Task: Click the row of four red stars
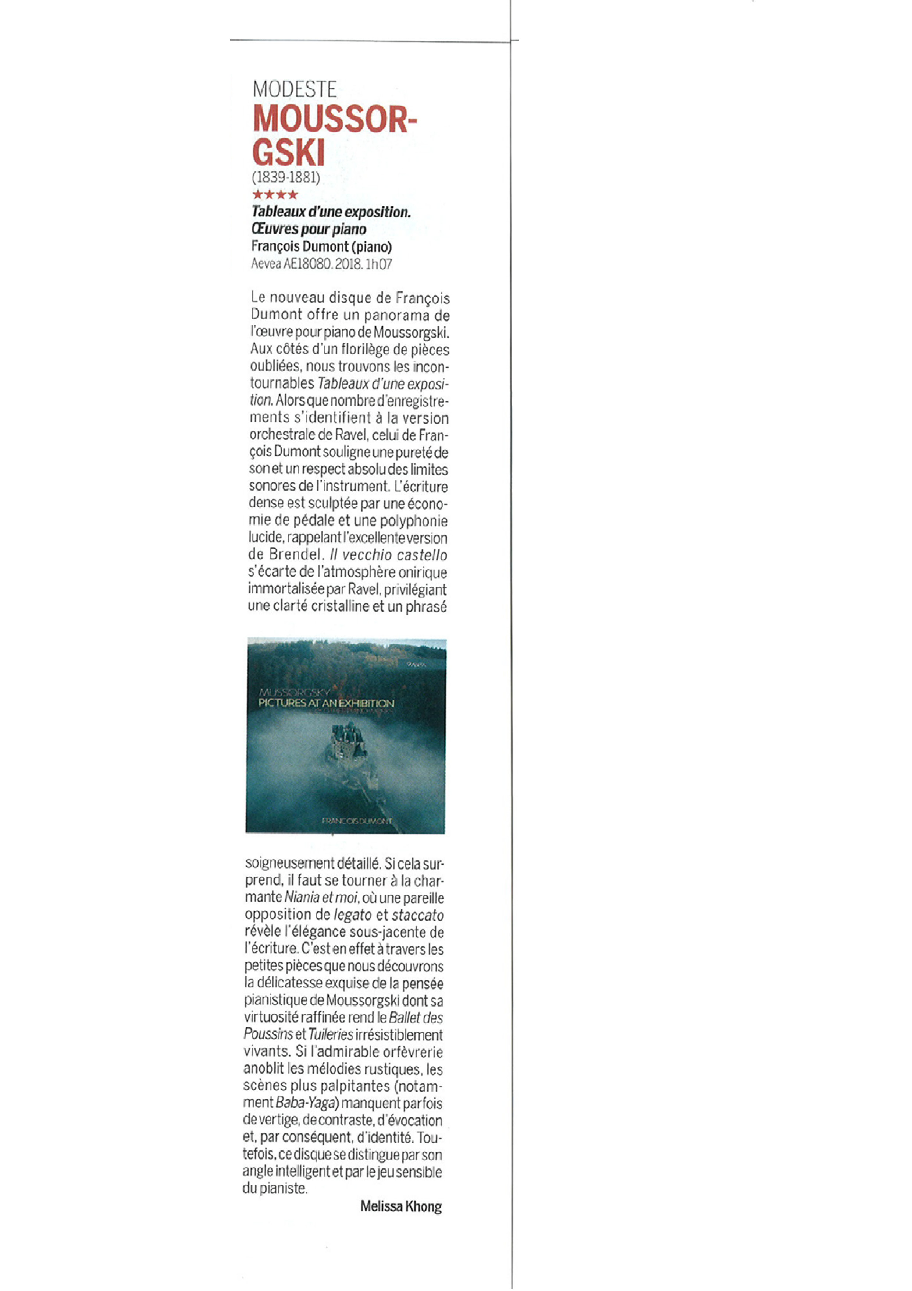(275, 195)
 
